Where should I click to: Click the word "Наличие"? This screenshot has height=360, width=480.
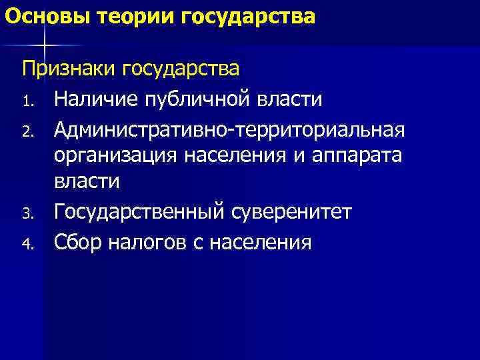pyautogui.click(x=94, y=99)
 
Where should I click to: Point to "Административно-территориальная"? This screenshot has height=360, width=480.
pyautogui.click(x=229, y=127)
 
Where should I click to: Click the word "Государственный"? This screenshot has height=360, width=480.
pyautogui.click(x=140, y=212)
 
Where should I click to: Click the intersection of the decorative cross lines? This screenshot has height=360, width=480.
pyautogui.click(x=44, y=45)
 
